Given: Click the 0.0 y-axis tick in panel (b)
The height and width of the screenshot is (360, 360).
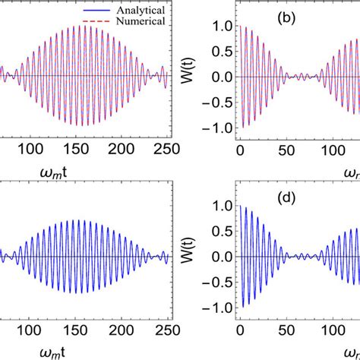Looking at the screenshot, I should click(x=216, y=77).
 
